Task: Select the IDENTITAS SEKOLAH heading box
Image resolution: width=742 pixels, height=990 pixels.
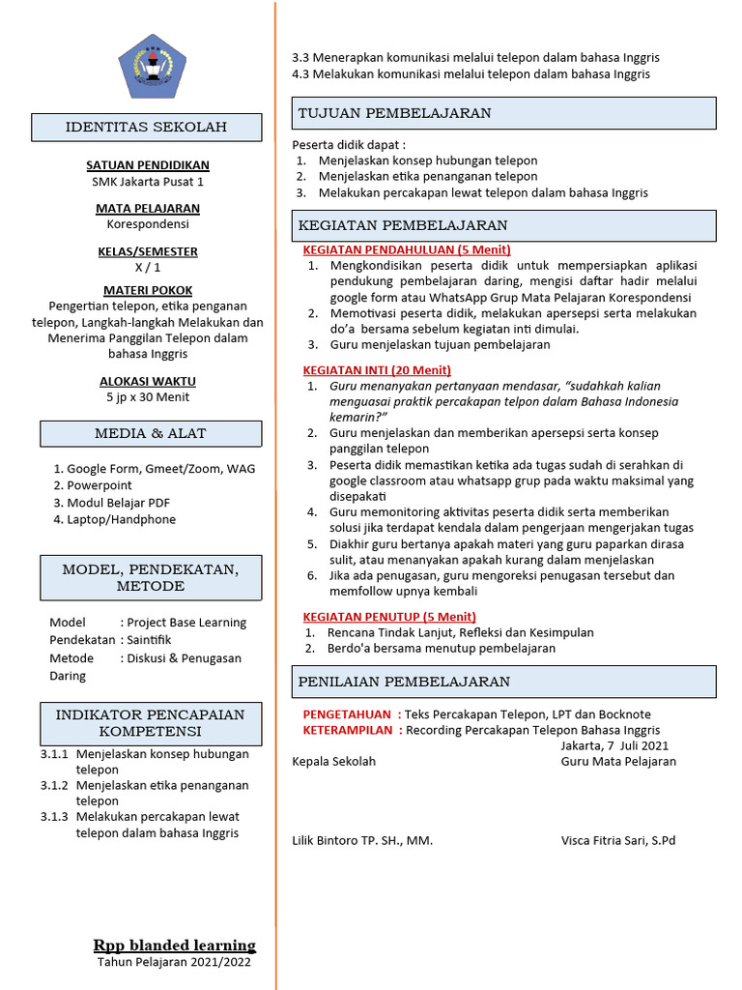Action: pyautogui.click(x=146, y=128)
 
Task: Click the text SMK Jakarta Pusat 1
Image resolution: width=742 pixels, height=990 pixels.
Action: pyautogui.click(x=148, y=182)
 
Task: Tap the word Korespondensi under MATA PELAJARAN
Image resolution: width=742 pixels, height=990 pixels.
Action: pyautogui.click(x=148, y=224)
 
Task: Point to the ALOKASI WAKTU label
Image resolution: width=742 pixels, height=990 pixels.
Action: pyautogui.click(x=148, y=381)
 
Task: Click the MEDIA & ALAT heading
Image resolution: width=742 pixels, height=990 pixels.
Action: pyautogui.click(x=150, y=433)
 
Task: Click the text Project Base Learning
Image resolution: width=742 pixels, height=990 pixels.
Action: pyautogui.click(x=186, y=623)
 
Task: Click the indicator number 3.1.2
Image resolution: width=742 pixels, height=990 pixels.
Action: pyautogui.click(x=54, y=785)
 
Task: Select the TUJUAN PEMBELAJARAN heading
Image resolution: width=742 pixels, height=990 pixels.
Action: pyautogui.click(x=395, y=113)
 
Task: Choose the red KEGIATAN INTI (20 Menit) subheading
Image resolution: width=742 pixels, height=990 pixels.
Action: pyautogui.click(x=377, y=369)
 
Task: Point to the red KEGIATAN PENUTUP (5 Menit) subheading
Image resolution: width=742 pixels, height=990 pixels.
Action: pyautogui.click(x=389, y=616)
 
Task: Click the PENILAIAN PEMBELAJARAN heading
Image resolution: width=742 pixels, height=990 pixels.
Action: pyautogui.click(x=404, y=682)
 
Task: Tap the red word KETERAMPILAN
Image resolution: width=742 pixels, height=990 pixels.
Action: pyautogui.click(x=349, y=730)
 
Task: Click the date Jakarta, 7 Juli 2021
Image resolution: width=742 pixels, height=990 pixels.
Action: pyautogui.click(x=614, y=745)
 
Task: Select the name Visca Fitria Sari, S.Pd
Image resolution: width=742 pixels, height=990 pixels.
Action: pyautogui.click(x=618, y=840)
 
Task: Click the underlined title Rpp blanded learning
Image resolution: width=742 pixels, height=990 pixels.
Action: pyautogui.click(x=174, y=946)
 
